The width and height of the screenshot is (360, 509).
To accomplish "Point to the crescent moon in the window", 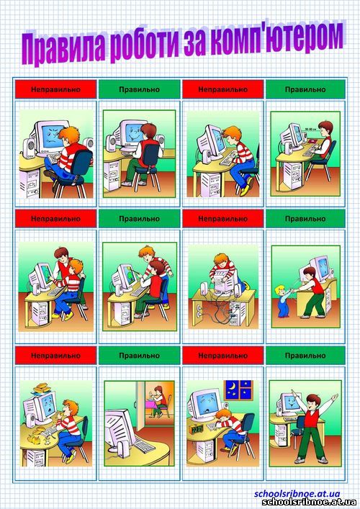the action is click(x=233, y=387).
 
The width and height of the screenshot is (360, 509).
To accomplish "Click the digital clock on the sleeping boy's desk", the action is click(x=197, y=429).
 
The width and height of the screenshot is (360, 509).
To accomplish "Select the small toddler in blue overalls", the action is click(x=282, y=301).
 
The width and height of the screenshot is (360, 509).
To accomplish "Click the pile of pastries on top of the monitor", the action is click(x=42, y=387).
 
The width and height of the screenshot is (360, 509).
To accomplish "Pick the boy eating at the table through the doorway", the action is click(x=158, y=400).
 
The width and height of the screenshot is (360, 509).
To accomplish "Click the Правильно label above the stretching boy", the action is click(x=305, y=356).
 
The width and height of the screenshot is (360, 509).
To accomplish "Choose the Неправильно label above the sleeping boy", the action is click(x=222, y=356).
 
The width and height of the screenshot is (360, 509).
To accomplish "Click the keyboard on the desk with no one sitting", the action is click(x=143, y=443).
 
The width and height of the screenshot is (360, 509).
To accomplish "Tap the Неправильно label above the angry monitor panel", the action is click(x=55, y=89).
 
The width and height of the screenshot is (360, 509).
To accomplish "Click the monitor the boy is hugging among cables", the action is click(x=225, y=280).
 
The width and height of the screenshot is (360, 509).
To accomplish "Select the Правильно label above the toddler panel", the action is click(x=305, y=218).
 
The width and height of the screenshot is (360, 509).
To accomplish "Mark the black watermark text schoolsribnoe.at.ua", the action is click(x=309, y=503).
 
